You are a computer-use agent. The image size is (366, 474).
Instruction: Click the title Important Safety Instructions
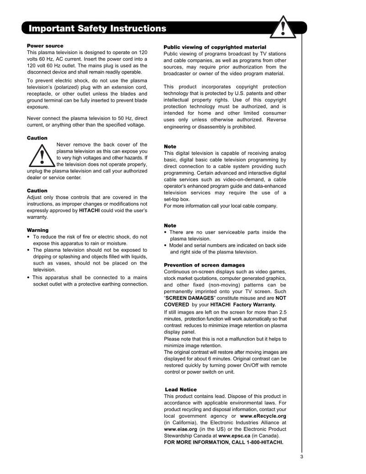[x=97, y=28]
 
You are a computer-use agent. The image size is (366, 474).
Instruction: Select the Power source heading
[x=45, y=46]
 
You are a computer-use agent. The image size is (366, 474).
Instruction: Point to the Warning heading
[x=38, y=230]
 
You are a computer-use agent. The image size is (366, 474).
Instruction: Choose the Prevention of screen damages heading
[x=204, y=265]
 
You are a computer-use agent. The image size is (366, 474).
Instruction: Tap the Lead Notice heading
[x=181, y=389]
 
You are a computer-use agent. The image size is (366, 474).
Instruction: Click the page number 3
[x=301, y=456]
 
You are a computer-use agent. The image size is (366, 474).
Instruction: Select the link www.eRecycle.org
[x=263, y=416]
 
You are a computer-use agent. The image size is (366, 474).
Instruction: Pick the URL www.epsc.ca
[x=234, y=436]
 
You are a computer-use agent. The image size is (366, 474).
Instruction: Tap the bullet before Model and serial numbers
[x=166, y=245]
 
